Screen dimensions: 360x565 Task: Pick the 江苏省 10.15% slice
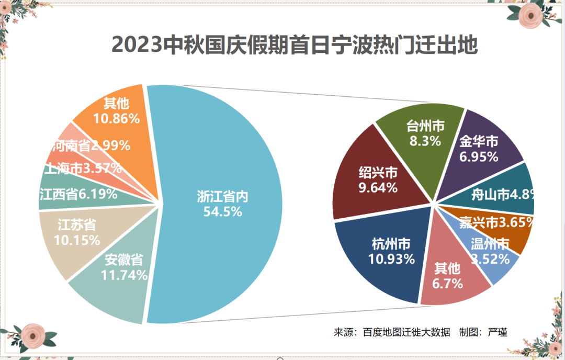point(78,233)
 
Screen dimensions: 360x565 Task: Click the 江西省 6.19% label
point(78,195)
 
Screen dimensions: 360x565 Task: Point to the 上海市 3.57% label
point(84,168)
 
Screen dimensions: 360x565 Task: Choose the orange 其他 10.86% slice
point(116,111)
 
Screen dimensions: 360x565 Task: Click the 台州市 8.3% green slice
point(425,133)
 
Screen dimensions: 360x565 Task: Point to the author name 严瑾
point(498,332)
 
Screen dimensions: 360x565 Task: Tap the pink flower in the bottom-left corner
point(35,334)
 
